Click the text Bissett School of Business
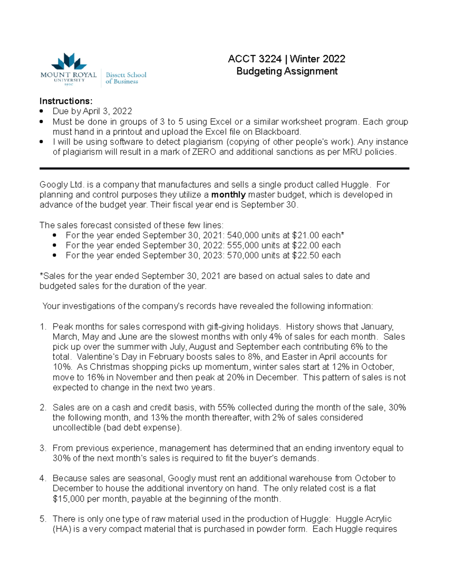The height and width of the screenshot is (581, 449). tap(126, 78)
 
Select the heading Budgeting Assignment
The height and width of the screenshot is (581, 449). tap(287, 71)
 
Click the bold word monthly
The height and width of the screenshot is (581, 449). tap(228, 195)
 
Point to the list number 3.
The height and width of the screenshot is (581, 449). tap(43, 448)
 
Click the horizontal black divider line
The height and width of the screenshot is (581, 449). tap(224, 169)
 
